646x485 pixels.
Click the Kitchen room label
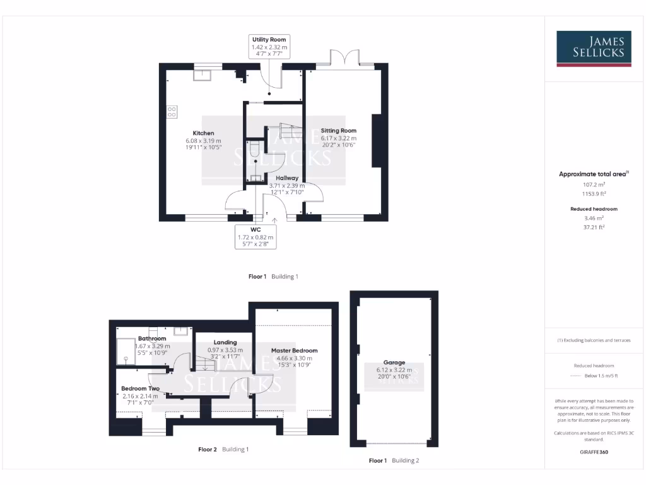(203, 133)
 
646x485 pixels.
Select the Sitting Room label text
(338, 131)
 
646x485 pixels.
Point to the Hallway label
(286, 178)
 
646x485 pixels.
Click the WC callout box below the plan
(255, 236)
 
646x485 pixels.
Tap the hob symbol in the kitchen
(172, 112)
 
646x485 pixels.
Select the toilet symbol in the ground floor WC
(254, 150)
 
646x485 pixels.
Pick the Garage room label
(395, 362)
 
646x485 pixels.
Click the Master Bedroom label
(294, 350)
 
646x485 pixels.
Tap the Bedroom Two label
(140, 388)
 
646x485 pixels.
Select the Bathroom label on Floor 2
(152, 338)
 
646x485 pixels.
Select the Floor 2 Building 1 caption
(223, 450)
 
